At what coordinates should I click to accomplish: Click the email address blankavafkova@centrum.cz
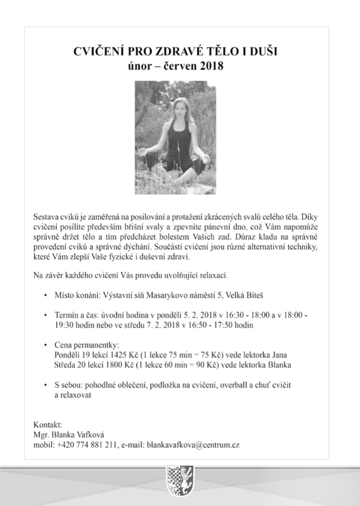click(x=193, y=445)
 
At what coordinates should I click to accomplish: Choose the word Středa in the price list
click(x=65, y=365)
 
